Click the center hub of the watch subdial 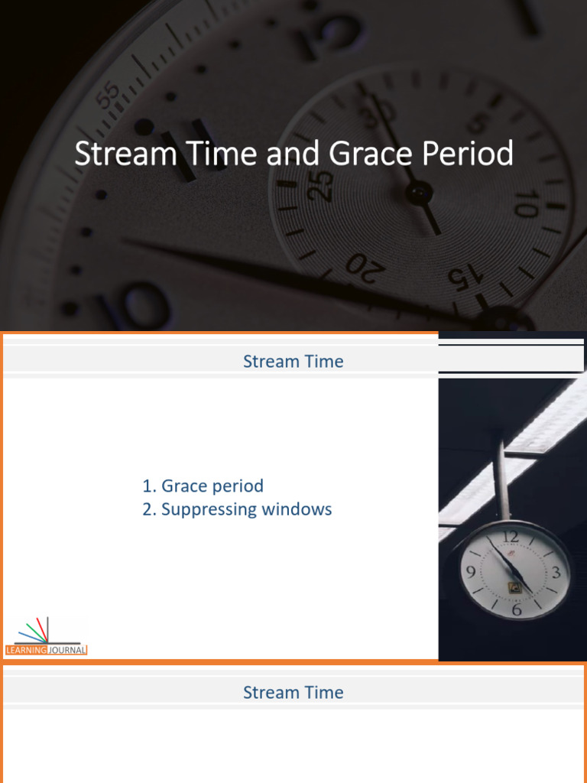pyautogui.click(x=418, y=193)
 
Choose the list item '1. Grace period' pyautogui.click(x=203, y=486)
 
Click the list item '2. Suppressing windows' pyautogui.click(x=237, y=509)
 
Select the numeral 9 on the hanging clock pyautogui.click(x=471, y=571)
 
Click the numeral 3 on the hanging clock pyautogui.click(x=556, y=572)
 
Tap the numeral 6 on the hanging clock pyautogui.click(x=517, y=609)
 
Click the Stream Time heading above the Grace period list pyautogui.click(x=293, y=362)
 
